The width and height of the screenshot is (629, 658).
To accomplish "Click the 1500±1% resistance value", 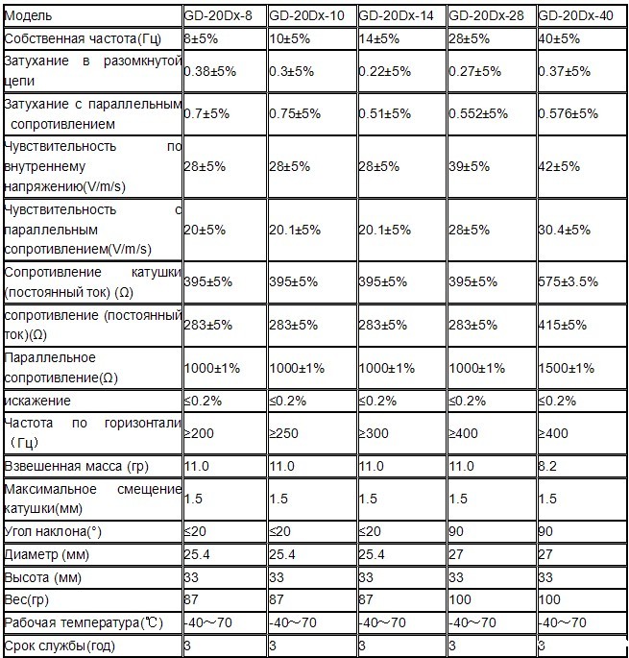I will coord(568,369).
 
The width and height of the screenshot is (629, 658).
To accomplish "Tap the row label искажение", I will coord(37,400).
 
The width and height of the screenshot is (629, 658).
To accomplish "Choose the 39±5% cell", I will coord(472,166).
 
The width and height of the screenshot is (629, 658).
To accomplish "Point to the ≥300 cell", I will coord(375,433).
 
